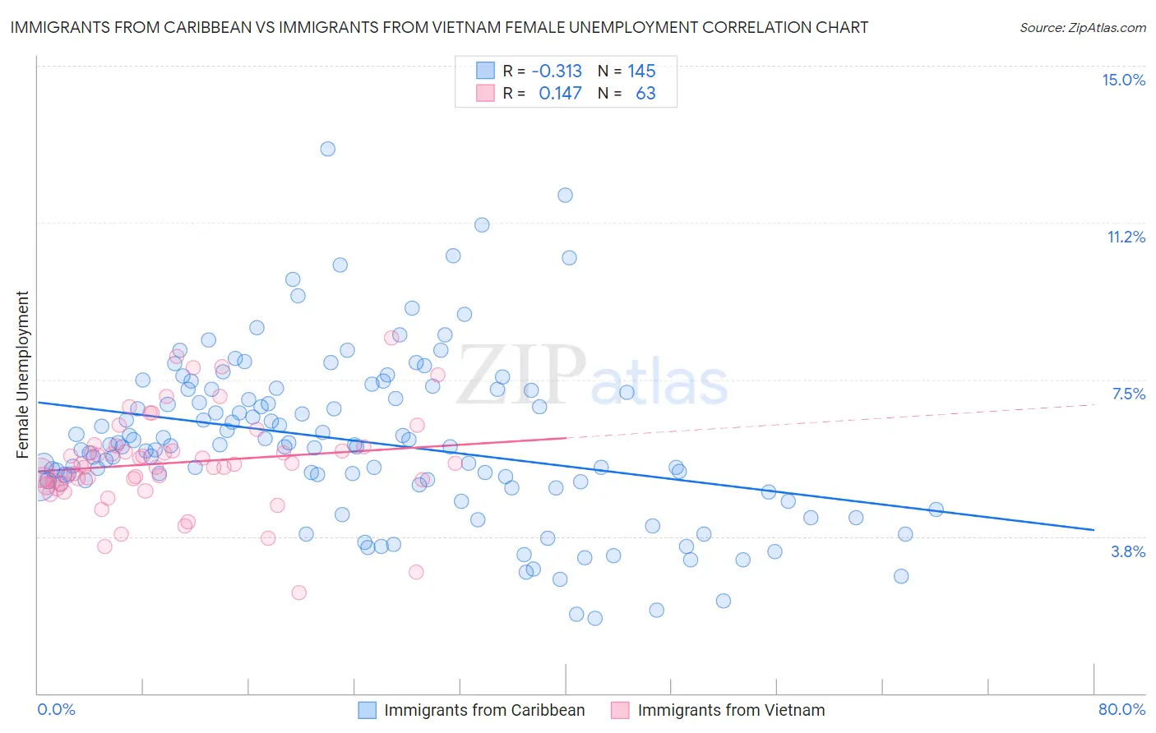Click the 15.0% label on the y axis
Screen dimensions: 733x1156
pos(1123,80)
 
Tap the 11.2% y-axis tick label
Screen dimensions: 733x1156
pos(1126,237)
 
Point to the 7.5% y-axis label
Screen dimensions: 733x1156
pos(1128,394)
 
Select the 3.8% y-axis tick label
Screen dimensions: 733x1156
pos(1128,551)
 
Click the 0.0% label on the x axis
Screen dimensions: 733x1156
pos(56,709)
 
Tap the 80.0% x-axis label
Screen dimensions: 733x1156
pos(1121,709)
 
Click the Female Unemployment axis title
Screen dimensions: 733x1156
pos(22,374)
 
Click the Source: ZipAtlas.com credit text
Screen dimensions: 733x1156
pos(1082,27)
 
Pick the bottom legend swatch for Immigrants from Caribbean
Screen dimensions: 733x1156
pos(367,710)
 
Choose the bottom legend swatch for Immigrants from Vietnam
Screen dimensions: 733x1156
pos(620,710)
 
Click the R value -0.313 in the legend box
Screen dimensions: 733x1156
pos(557,71)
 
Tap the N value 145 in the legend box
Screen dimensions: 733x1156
pos(641,71)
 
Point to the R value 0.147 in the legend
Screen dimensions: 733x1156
pos(560,93)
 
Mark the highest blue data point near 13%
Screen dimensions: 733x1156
pos(327,149)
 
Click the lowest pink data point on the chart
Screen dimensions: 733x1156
pos(299,592)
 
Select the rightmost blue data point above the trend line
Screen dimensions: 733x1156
pos(936,509)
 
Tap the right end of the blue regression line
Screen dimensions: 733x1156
pos(1094,530)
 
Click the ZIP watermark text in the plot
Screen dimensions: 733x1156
pos(521,375)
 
